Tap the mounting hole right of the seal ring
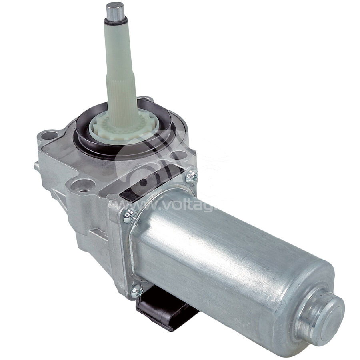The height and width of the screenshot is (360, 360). coord(175,153)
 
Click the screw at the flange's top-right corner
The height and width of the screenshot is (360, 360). coord(191,176)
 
